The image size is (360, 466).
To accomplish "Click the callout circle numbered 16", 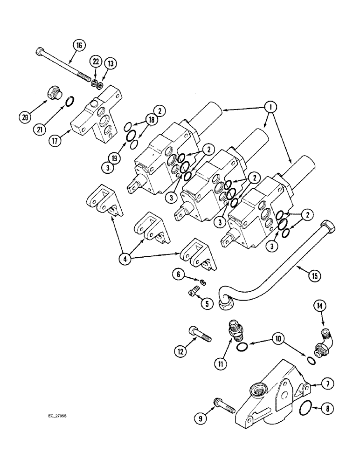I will pyautogui.click(x=78, y=45).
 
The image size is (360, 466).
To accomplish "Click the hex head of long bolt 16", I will pyautogui.click(x=39, y=50).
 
